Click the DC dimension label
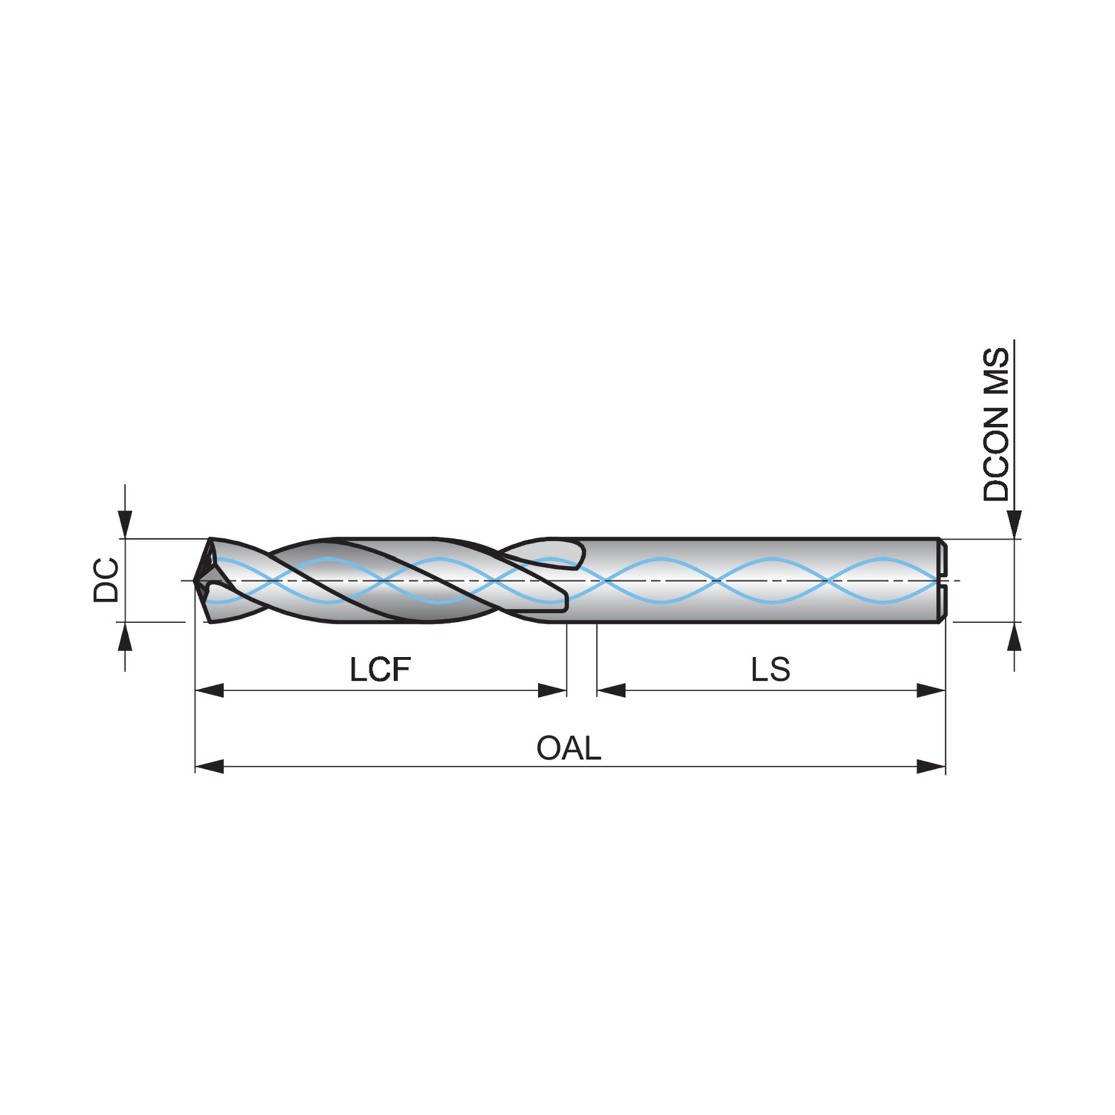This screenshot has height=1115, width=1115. pos(106,580)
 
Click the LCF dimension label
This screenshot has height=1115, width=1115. pos(380,670)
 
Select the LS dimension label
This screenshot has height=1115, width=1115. pos(770,670)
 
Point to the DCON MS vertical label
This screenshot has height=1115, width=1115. pos(997,425)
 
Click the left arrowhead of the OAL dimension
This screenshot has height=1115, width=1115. pos(209,767)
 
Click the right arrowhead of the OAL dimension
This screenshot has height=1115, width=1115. pos(931,767)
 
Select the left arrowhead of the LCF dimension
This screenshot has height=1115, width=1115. pos(209,690)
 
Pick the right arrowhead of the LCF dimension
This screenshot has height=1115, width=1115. pos(552,690)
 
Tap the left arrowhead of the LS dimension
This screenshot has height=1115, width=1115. pos(611,690)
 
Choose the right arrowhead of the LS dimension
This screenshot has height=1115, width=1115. pos(931,690)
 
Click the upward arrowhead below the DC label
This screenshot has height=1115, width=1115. pos(125,636)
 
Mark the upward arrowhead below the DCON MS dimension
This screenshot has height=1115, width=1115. pos(1014,636)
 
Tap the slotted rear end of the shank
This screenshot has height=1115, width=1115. pos(942,580)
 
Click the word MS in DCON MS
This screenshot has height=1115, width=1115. pos(997,372)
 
